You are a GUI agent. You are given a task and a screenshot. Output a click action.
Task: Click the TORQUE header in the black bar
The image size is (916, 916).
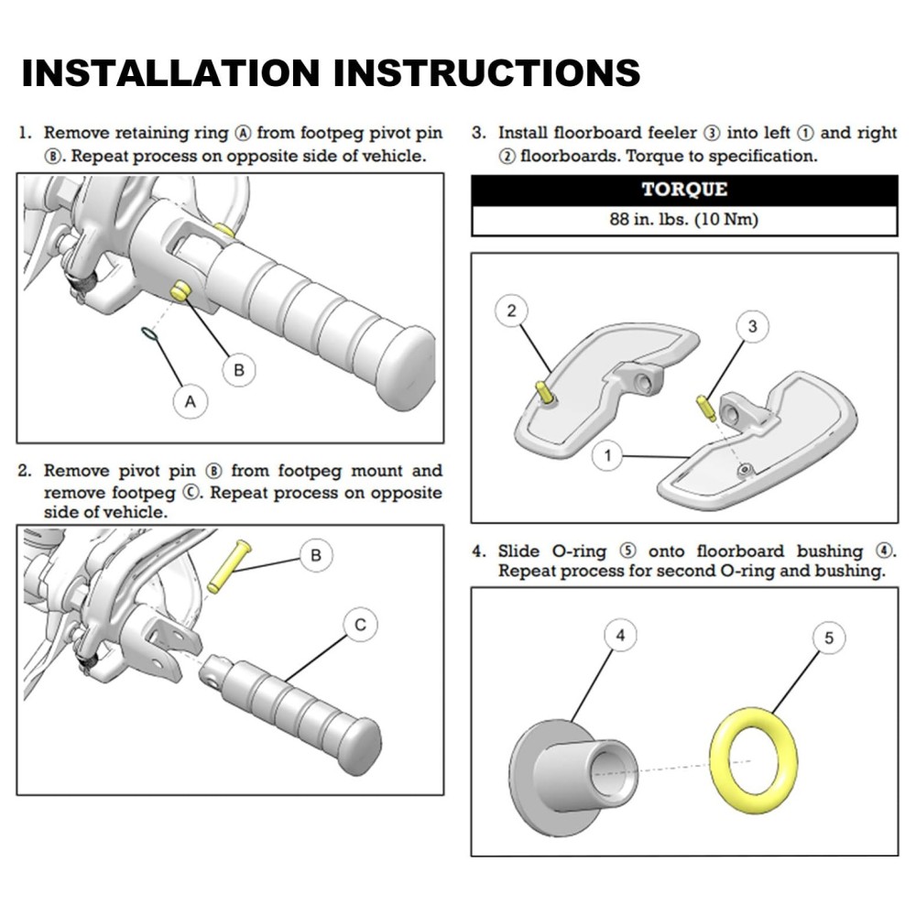(x=684, y=191)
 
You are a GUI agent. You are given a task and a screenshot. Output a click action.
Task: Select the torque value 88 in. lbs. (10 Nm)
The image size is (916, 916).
(x=684, y=220)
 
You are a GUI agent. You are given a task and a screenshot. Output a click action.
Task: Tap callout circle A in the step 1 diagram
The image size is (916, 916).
(x=191, y=400)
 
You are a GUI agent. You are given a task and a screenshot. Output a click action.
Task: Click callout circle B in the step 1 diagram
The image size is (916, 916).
(x=239, y=370)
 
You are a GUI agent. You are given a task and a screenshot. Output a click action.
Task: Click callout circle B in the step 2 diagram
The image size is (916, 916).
(x=316, y=555)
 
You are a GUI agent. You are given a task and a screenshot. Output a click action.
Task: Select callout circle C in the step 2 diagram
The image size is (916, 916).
(x=360, y=625)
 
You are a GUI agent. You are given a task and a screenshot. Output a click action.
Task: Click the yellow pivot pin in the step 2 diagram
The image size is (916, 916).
(x=228, y=566)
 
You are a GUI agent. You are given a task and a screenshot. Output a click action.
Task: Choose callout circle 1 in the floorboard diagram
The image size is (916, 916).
(x=610, y=453)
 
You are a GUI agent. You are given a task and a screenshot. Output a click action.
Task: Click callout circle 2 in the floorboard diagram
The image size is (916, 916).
(x=511, y=311)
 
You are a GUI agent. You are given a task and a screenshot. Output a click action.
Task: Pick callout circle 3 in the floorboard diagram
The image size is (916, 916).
(x=753, y=325)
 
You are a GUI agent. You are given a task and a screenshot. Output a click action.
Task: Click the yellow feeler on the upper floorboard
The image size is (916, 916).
(x=544, y=395)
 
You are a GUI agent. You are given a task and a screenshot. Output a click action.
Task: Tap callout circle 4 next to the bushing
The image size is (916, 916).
(x=621, y=635)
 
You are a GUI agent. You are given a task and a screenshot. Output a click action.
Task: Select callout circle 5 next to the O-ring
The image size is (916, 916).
(x=829, y=638)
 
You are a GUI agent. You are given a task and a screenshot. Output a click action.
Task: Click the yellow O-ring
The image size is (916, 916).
(x=753, y=758)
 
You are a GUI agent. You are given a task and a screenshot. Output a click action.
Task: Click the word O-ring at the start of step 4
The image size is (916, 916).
(x=578, y=551)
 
